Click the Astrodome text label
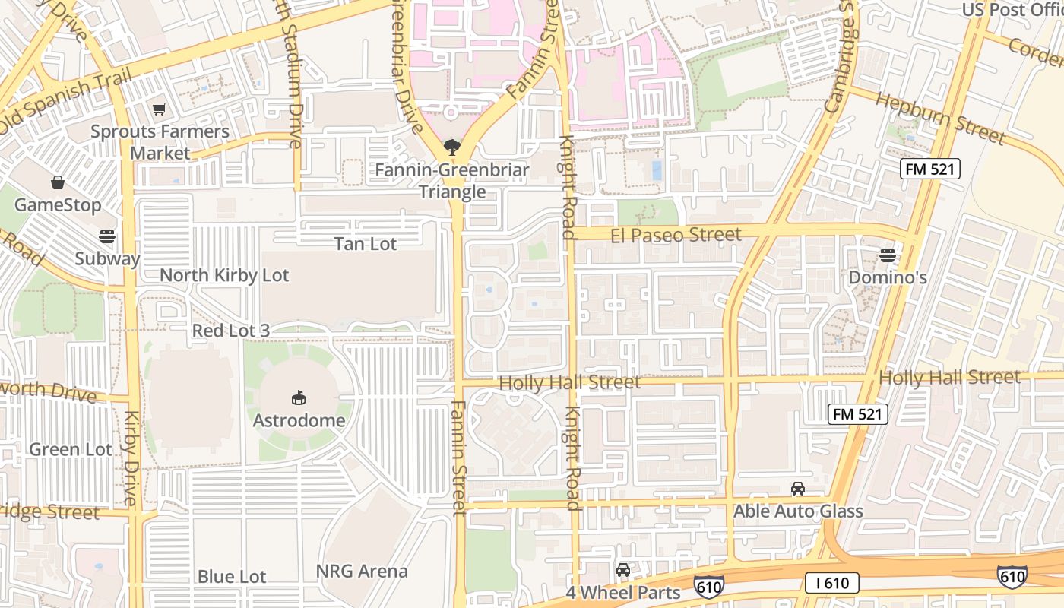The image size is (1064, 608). pyautogui.click(x=299, y=420)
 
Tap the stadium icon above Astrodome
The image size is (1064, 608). pyautogui.click(x=299, y=397)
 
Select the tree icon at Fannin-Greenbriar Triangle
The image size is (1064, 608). pyautogui.click(x=451, y=147)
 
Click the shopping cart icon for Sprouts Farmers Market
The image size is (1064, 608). pyautogui.click(x=160, y=110)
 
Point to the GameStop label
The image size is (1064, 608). pyautogui.click(x=58, y=205)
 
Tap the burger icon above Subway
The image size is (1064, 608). pyautogui.click(x=107, y=236)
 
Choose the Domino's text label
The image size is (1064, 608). pyautogui.click(x=887, y=277)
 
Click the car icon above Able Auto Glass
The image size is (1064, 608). pyautogui.click(x=798, y=489)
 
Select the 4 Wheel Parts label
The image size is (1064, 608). pyautogui.click(x=623, y=592)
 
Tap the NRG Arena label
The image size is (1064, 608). pyautogui.click(x=363, y=571)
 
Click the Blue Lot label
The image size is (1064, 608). pyautogui.click(x=232, y=576)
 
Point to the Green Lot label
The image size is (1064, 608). pyautogui.click(x=70, y=449)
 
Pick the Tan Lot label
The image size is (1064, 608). pyautogui.click(x=366, y=243)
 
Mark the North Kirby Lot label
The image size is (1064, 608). pyautogui.click(x=224, y=275)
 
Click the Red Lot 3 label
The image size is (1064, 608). pyautogui.click(x=230, y=331)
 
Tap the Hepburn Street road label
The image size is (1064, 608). pyautogui.click(x=940, y=118)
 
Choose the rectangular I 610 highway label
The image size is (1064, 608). pyautogui.click(x=832, y=583)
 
